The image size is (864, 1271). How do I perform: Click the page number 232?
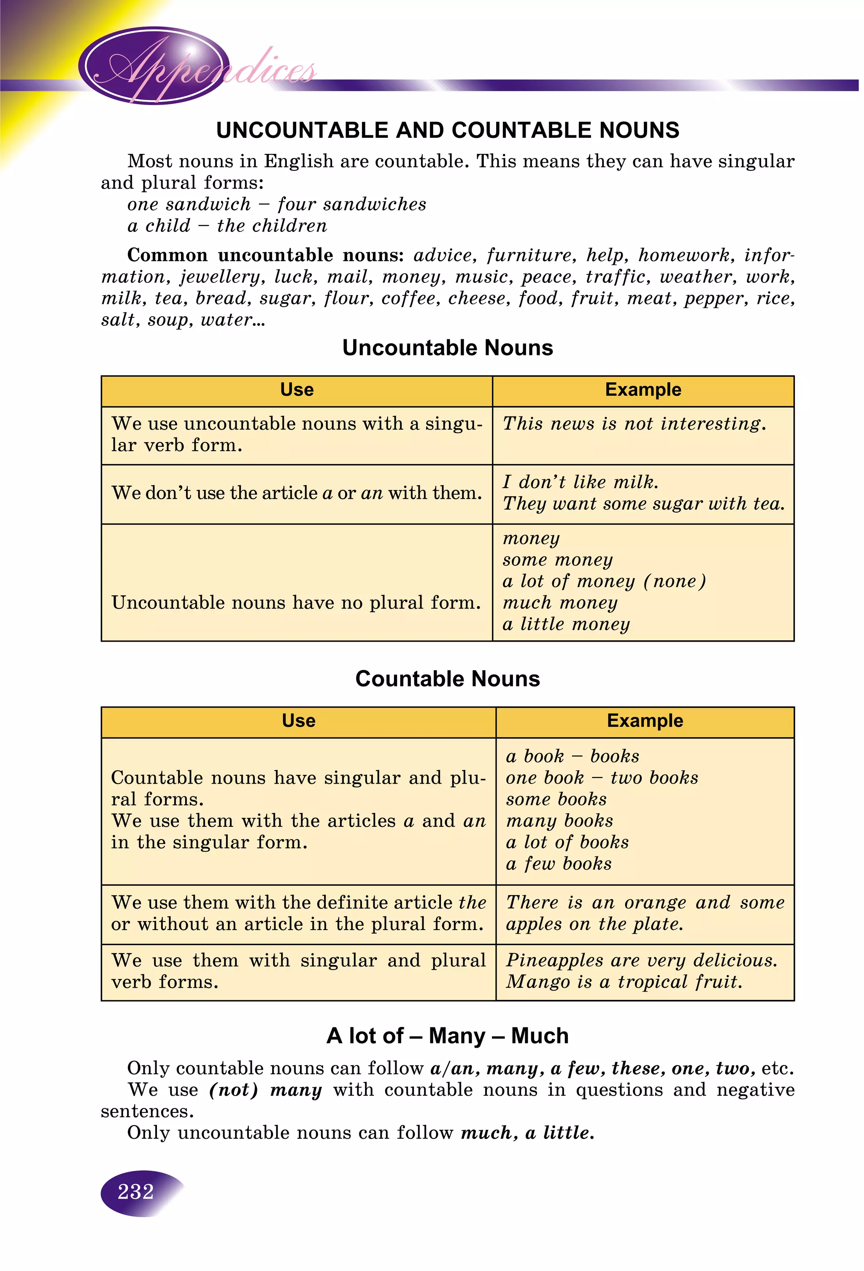(x=136, y=1191)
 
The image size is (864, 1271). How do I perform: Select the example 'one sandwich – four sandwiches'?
(x=276, y=204)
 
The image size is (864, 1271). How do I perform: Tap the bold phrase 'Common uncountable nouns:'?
(x=265, y=255)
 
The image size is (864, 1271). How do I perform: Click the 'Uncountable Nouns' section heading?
(x=447, y=348)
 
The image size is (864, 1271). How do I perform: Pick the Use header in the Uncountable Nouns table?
(x=297, y=390)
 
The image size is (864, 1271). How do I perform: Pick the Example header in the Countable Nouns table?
(x=645, y=721)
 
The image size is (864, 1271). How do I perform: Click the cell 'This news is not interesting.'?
(x=634, y=424)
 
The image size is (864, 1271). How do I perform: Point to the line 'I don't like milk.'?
(x=580, y=482)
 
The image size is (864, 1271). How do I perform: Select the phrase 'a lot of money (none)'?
(x=604, y=581)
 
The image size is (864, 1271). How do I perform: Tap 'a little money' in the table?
(x=566, y=624)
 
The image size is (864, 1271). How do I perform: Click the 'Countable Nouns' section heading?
(x=447, y=679)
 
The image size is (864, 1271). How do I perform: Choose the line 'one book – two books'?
(x=601, y=778)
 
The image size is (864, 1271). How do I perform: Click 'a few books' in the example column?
(x=558, y=863)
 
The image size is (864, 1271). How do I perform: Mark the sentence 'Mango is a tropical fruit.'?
(x=624, y=982)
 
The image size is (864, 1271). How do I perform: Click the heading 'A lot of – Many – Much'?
(x=447, y=1036)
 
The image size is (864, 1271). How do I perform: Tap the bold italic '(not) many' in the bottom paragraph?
(x=265, y=1089)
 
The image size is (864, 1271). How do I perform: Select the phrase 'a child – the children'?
(x=227, y=226)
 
